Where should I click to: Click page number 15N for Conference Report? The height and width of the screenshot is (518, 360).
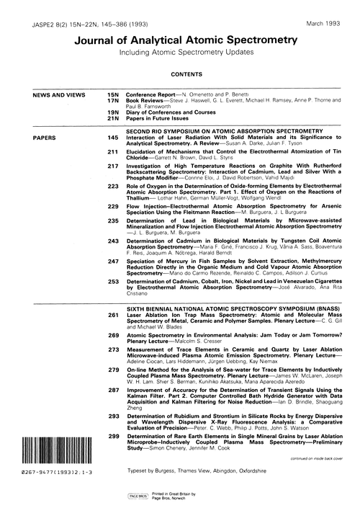pos(112,94)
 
